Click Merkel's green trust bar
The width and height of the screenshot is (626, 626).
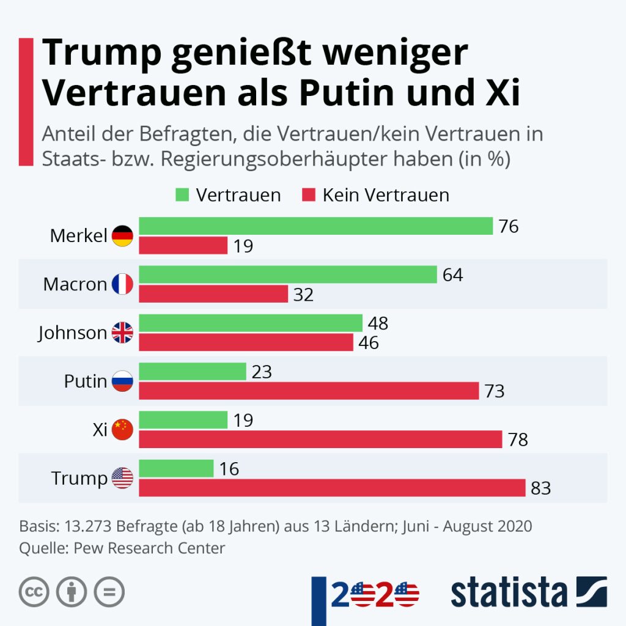click(315, 226)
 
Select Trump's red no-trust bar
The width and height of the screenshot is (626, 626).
click(332, 488)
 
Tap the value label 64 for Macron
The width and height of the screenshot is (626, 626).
click(453, 274)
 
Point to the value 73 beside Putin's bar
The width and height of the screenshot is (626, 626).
click(495, 391)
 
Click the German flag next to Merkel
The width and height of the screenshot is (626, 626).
click(122, 235)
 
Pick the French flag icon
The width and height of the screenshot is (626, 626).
click(122, 284)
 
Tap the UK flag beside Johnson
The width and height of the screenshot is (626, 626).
click(122, 333)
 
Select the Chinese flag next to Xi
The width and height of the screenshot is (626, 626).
click(122, 430)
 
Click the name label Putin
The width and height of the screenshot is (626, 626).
click(86, 381)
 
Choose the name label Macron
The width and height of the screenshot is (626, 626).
click(75, 284)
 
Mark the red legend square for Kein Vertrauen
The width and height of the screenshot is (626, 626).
click(309, 195)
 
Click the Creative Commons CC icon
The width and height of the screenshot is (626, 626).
click(34, 592)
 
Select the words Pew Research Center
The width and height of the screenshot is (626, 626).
click(149, 548)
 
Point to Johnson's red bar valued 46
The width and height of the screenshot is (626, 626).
click(246, 342)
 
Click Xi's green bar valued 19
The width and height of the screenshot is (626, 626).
click(183, 420)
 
